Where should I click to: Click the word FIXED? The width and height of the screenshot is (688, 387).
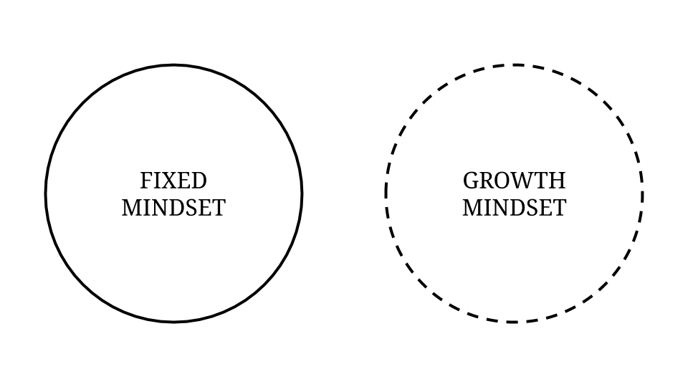[x=173, y=181]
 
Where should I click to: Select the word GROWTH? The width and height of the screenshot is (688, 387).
[x=515, y=181]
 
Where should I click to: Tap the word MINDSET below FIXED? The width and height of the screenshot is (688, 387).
[x=173, y=208]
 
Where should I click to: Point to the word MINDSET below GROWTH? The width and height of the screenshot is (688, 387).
[x=515, y=208]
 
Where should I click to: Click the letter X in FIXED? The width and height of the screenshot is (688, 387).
[x=167, y=181]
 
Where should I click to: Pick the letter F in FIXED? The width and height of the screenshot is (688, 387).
[x=146, y=181]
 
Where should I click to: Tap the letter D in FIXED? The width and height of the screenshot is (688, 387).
[x=199, y=181]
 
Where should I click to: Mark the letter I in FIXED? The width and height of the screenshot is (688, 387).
[x=156, y=181]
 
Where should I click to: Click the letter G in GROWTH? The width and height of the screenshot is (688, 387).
[x=471, y=181]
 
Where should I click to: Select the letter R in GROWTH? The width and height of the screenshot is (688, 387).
[x=487, y=181]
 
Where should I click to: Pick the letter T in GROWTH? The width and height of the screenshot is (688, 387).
[x=542, y=181]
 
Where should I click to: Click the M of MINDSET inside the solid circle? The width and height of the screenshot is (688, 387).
[x=132, y=208]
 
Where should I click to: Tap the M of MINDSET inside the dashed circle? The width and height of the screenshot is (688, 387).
[x=473, y=208]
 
